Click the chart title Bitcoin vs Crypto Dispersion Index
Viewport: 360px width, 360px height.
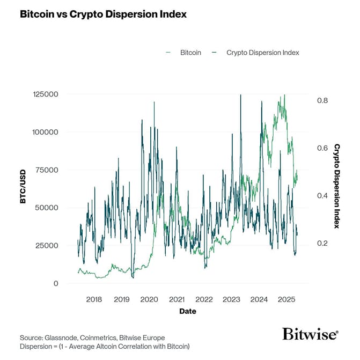(x=103, y=14)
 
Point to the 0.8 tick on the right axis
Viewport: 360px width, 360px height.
(x=322, y=100)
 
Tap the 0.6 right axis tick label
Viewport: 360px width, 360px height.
(x=322, y=148)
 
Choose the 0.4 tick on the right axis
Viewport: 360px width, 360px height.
(x=322, y=195)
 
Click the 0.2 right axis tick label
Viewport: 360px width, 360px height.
(x=322, y=243)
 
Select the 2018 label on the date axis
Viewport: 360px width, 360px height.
(x=94, y=299)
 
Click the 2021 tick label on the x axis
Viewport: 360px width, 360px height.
(x=177, y=299)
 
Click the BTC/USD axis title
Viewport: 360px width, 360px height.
(x=24, y=188)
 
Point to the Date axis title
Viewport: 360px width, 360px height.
(x=188, y=311)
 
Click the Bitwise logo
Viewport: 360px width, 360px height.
(x=311, y=335)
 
